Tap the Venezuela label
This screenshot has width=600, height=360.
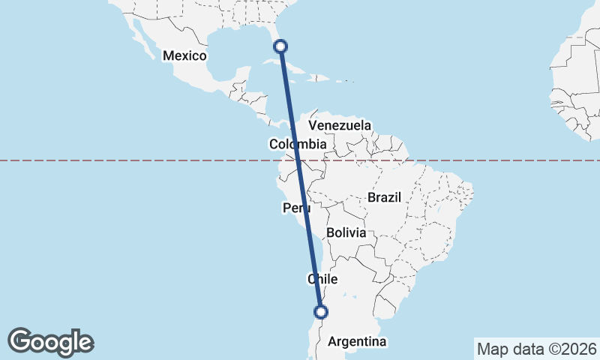click(340, 124)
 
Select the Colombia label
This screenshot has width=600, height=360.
click(298, 144)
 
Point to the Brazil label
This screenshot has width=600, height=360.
click(385, 197)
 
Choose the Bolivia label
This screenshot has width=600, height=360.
click(346, 232)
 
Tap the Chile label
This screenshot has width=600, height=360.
click(323, 279)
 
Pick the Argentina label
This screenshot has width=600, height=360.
click(357, 342)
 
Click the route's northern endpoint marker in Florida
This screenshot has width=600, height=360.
click(280, 46)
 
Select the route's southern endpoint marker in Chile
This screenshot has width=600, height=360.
click(321, 311)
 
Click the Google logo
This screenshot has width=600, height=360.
click(50, 342)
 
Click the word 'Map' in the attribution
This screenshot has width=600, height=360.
click(492, 349)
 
